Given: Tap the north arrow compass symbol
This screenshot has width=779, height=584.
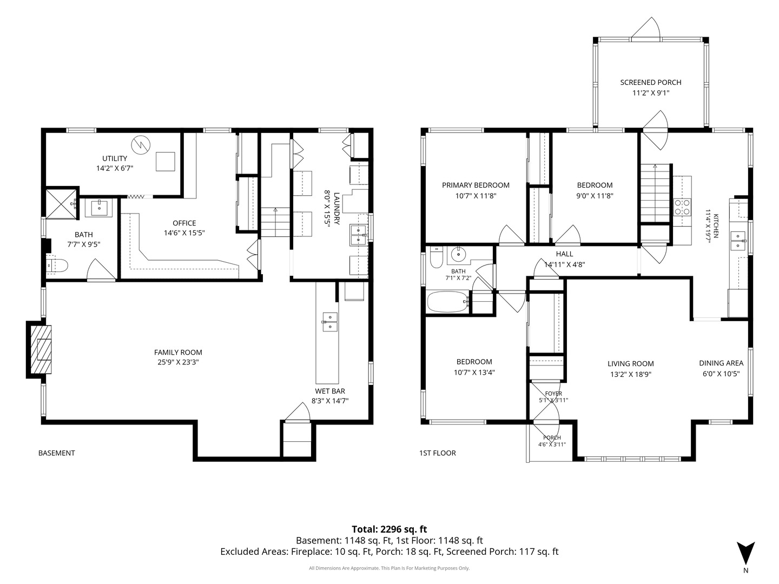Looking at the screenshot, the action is click(745, 555).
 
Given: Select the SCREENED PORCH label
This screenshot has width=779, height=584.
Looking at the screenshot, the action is click(651, 82).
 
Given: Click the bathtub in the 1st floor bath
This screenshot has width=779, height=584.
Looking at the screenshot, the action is click(448, 302).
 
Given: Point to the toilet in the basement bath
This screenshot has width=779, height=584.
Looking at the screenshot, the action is click(57, 266).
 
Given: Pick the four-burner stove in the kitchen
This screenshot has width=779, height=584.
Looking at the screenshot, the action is click(683, 207).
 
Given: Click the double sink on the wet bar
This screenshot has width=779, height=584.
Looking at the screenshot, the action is click(329, 322).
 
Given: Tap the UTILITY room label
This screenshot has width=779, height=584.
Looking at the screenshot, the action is click(115, 158).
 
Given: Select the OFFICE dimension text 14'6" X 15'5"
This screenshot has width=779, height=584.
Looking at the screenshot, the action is click(184, 233).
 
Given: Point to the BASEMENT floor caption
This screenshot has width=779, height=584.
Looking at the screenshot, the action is click(57, 453).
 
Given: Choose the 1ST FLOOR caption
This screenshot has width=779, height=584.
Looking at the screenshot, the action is click(437, 453).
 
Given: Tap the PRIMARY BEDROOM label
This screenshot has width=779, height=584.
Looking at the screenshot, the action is click(476, 185).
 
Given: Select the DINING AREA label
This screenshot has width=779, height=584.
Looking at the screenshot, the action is click(721, 363).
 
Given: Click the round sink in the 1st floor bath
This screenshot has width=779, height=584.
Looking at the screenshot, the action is click(459, 254).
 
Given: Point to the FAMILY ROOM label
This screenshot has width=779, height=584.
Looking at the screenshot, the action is click(178, 352).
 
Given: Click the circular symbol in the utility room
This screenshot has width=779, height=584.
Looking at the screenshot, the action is click(141, 145).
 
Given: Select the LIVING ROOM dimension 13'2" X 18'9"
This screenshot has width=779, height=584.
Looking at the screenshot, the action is click(630, 374).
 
